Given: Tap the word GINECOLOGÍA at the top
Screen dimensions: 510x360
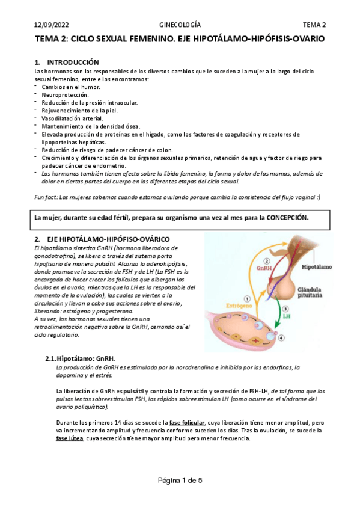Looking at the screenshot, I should (x=180, y=25).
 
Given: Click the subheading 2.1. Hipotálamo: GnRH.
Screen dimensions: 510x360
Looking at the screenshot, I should (x=90, y=359).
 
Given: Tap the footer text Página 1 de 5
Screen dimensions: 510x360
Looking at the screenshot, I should (x=180, y=480).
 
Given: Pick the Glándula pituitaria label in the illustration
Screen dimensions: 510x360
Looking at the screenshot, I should (x=313, y=293).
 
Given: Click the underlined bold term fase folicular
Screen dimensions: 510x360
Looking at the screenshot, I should (x=187, y=422).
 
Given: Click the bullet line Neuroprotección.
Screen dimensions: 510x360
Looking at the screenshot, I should (x=65, y=95).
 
